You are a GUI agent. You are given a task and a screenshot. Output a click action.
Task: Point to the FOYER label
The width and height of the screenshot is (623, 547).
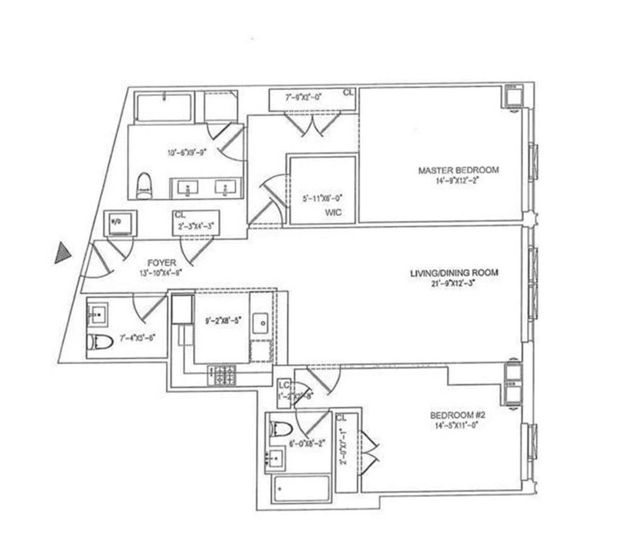point(161,263)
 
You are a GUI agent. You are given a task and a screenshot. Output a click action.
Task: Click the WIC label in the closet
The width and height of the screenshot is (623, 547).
point(332,213)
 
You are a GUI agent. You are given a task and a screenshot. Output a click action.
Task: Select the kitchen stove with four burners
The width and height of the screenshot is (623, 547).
point(222,375)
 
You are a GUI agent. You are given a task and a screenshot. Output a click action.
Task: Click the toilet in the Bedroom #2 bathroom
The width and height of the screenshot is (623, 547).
point(281,429)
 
